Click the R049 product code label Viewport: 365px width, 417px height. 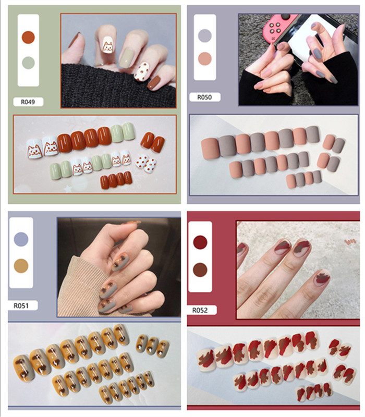point(28,102)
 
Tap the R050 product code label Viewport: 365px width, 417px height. point(204,97)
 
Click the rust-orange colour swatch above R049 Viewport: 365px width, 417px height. point(28,37)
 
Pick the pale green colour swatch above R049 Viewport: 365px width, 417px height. point(28,63)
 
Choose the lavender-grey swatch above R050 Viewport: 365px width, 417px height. point(205,35)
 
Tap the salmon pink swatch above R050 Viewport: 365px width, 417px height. point(205,59)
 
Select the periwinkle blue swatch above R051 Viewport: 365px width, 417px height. point(21,239)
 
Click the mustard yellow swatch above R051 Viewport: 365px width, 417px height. point(21,266)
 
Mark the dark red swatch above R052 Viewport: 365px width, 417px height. point(200,242)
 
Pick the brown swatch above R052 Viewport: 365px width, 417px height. point(200,269)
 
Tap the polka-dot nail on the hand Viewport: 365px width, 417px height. point(141,71)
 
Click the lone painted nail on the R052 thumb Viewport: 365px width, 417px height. point(323,277)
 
